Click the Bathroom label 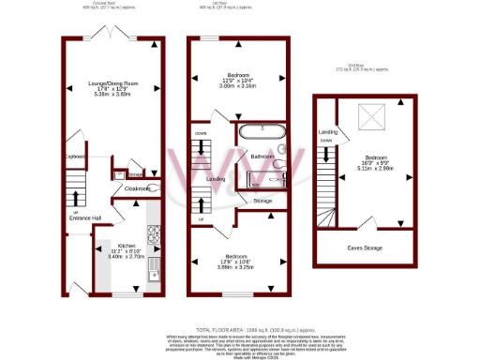tap(262, 156)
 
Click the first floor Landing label tap(215, 178)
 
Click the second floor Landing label tap(328, 132)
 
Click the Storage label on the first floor tap(263, 201)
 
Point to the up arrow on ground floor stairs tap(76, 199)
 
